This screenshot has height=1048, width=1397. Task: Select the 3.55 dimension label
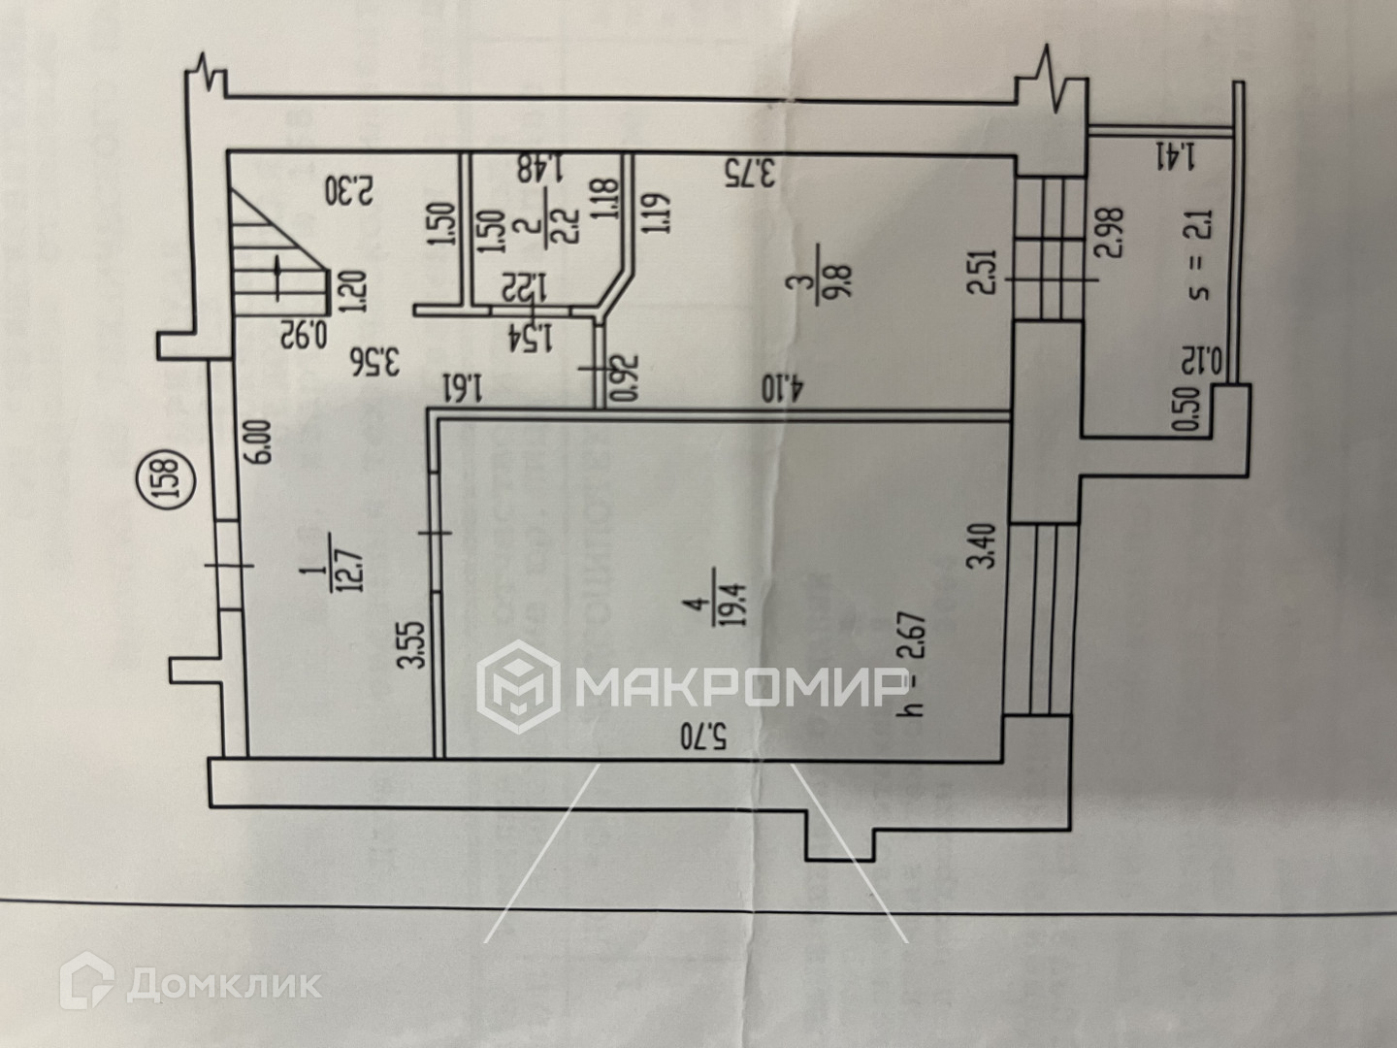coord(416,645)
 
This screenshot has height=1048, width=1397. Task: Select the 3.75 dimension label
coord(752,173)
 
